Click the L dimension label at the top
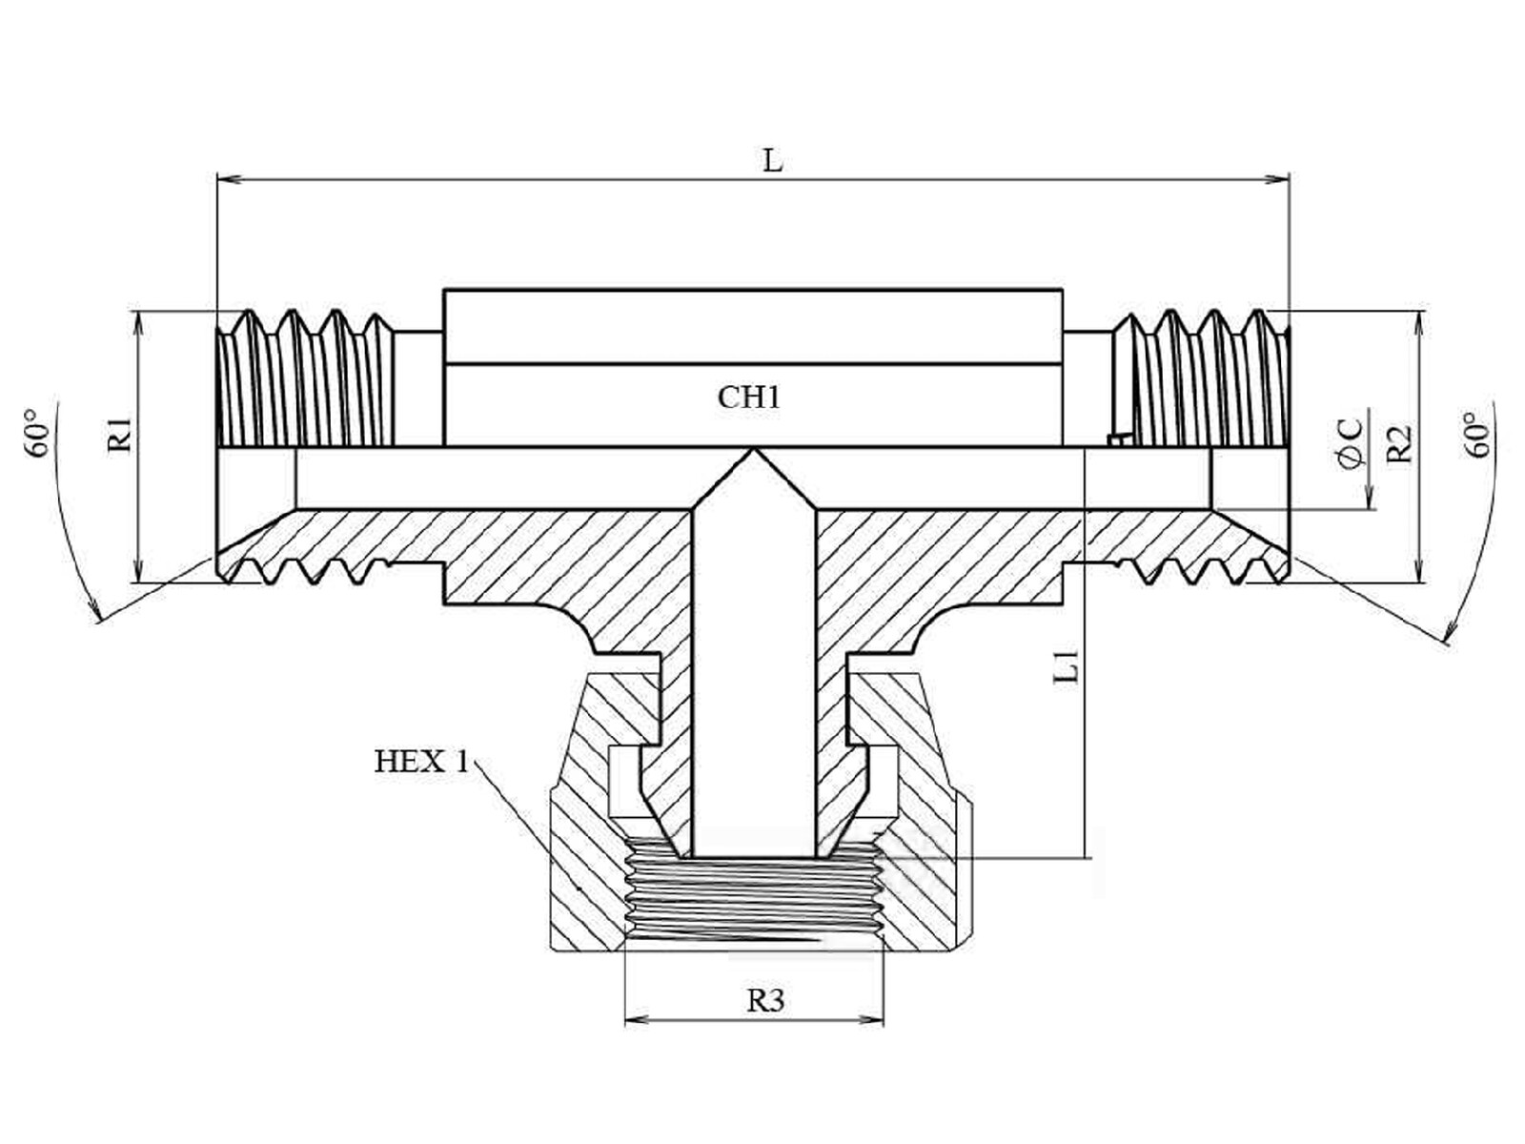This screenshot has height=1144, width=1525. (773, 161)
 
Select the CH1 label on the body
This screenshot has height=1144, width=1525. (749, 398)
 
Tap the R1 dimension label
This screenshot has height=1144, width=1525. (119, 436)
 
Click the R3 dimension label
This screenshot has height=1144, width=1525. (765, 1001)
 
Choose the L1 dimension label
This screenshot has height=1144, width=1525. (1066, 666)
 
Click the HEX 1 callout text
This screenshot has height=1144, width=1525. (421, 762)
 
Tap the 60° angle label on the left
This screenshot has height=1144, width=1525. (37, 432)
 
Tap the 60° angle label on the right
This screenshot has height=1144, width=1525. (1478, 435)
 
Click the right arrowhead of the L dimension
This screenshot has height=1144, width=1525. (1277, 179)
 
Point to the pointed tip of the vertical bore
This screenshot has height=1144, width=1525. (754, 449)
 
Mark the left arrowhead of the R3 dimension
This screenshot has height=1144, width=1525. (637, 1020)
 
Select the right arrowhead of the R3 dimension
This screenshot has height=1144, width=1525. (872, 1020)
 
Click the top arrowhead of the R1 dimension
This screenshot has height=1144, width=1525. (139, 321)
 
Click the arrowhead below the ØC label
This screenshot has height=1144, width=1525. (1370, 498)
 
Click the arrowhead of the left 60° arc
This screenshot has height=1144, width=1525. (94, 610)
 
